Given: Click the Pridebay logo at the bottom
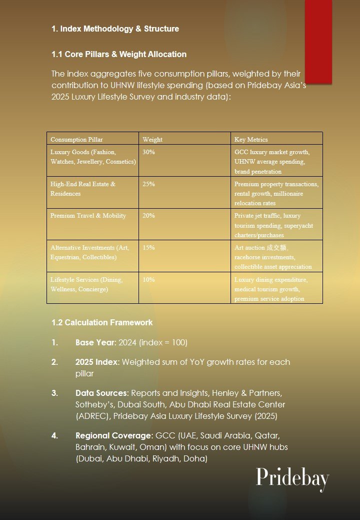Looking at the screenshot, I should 292,479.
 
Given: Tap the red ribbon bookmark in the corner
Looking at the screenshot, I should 318,41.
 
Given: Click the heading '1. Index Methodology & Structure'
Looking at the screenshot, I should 115,29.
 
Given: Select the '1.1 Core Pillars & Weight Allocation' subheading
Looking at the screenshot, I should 119,54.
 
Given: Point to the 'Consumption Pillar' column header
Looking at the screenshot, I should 76,140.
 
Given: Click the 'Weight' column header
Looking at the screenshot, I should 152,140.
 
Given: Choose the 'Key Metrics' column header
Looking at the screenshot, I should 251,140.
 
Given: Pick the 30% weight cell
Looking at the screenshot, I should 148,152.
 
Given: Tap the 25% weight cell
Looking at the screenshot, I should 148,184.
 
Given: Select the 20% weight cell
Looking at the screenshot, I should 148,216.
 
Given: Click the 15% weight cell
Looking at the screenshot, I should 148,248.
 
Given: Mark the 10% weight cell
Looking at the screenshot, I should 148,280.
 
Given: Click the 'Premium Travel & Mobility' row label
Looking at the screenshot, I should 88,216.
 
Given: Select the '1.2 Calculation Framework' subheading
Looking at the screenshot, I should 102,322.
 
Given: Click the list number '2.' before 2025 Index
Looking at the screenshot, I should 54,362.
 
